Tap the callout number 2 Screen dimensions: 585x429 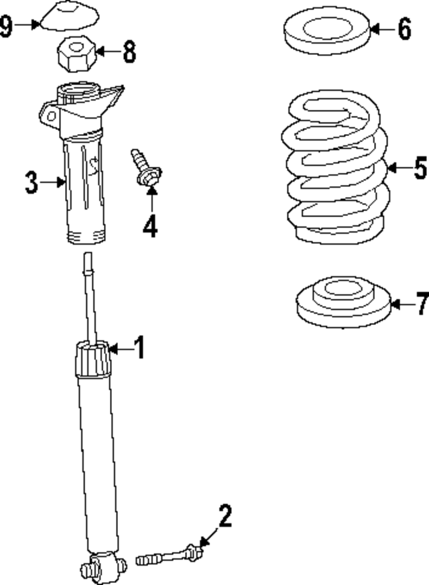click(x=225, y=517)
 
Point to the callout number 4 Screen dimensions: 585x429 click(x=150, y=226)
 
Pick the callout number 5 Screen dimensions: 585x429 click(x=420, y=168)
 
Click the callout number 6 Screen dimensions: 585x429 click(x=404, y=29)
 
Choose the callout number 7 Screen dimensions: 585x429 click(x=420, y=304)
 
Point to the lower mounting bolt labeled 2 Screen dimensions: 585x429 click(x=171, y=556)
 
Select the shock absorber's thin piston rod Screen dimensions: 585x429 click(x=89, y=295)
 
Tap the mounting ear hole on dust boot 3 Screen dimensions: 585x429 click(x=49, y=114)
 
